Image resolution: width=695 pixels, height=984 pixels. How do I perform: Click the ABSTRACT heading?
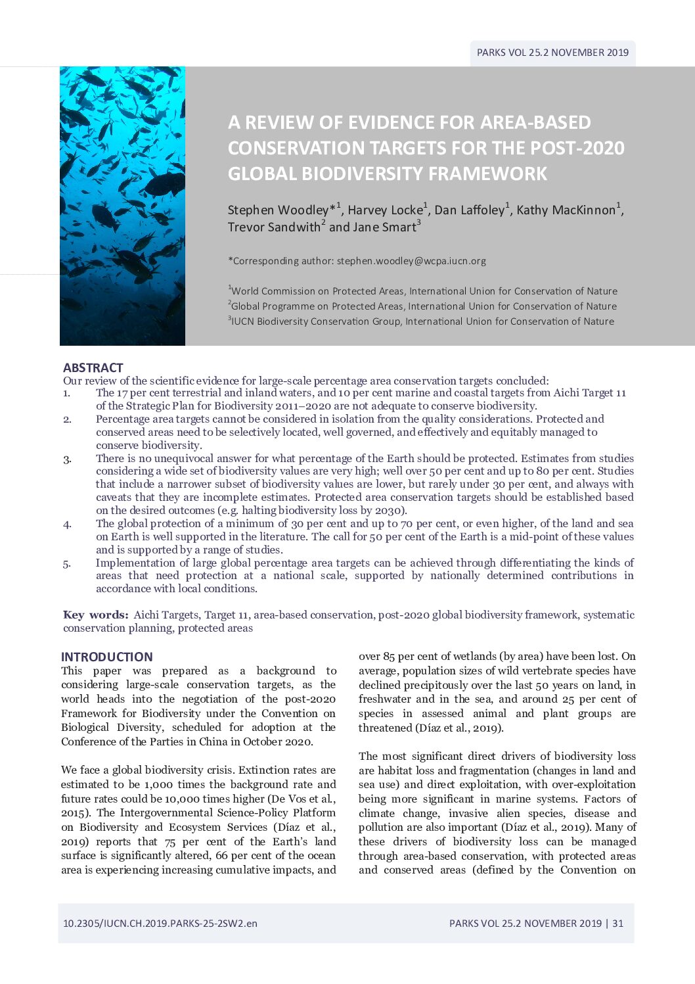point(93,367)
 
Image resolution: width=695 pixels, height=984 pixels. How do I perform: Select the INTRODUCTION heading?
point(106,657)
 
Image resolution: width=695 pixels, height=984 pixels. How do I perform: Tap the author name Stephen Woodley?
point(278,210)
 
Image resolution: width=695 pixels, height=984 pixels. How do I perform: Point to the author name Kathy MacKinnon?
point(566,210)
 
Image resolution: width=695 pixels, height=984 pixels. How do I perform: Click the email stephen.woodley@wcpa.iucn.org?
point(411,261)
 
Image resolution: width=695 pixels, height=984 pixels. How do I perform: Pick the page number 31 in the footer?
point(617,923)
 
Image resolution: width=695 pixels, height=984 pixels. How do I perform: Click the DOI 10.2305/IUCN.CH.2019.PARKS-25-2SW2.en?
point(160,923)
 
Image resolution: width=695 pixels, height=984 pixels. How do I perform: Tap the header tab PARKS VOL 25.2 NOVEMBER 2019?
point(552,53)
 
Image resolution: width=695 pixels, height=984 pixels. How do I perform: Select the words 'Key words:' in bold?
point(95,615)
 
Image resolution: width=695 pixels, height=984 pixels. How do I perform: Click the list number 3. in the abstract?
point(67,459)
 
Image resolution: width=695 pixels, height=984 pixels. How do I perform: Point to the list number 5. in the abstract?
point(67,563)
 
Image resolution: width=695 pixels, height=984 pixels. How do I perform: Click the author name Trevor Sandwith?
point(274,227)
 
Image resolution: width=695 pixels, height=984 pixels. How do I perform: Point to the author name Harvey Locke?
point(385,210)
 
